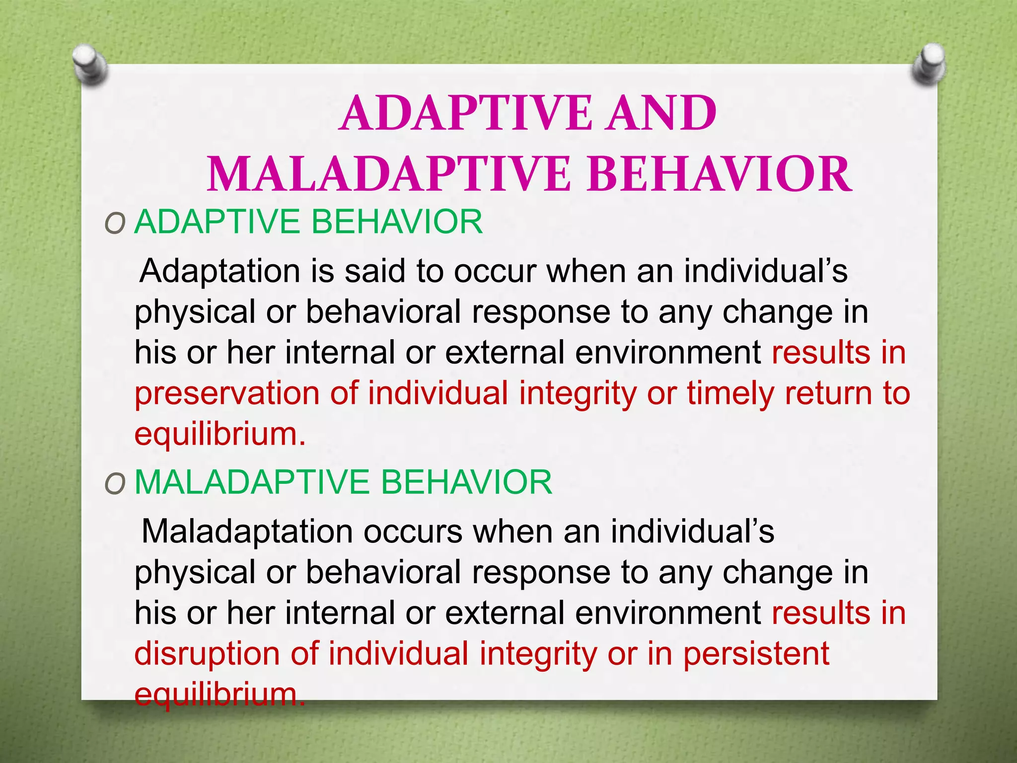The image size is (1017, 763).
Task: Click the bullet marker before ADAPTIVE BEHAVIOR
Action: [115, 225]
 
